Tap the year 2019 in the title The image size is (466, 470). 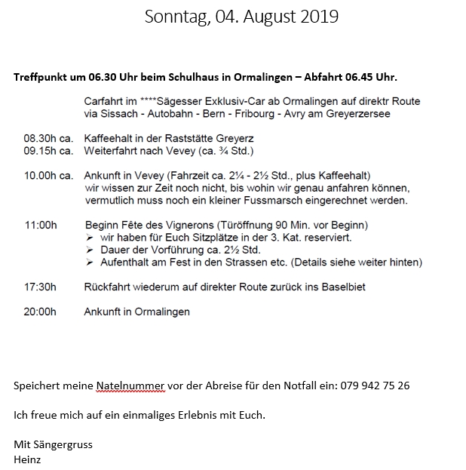tap(317, 17)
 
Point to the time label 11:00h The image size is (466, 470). tap(41, 225)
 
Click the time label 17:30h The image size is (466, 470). tap(41, 287)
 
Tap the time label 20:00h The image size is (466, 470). tap(41, 311)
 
